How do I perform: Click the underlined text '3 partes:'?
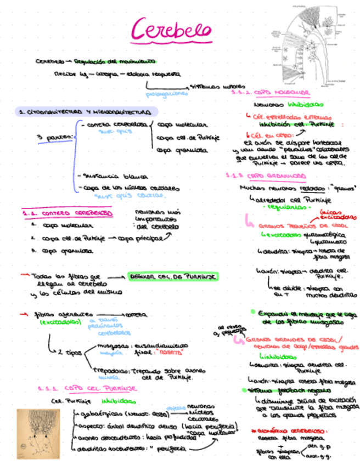55,137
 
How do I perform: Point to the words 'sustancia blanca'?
115,177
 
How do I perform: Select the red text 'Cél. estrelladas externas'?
291,116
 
